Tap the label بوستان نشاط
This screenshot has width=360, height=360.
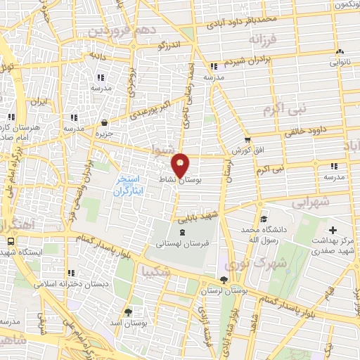click(190, 181)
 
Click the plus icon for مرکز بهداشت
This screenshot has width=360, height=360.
click(333, 230)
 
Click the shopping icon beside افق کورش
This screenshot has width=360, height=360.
click(247, 140)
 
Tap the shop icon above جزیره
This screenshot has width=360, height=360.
click(104, 122)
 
